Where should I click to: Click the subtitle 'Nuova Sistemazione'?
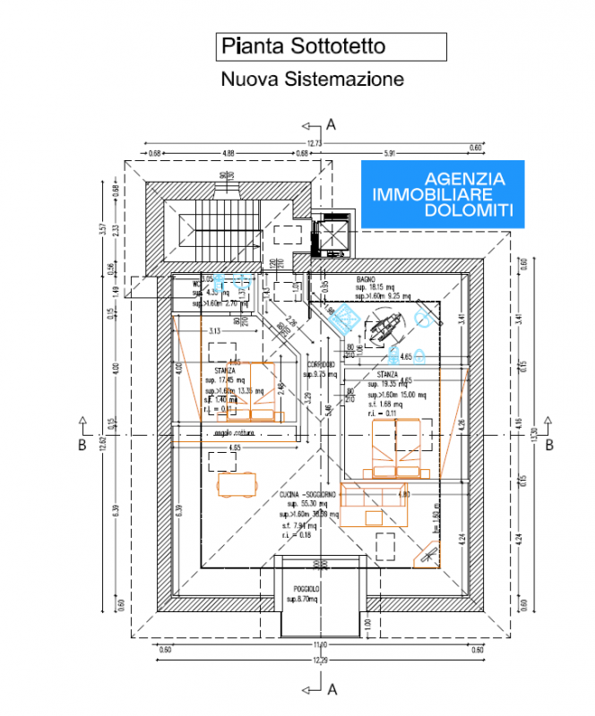(312, 79)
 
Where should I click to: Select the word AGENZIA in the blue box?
(464, 178)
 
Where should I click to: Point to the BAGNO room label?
(365, 280)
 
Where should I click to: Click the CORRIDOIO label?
(321, 364)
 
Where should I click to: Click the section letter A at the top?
(331, 124)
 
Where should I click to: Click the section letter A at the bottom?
(332, 688)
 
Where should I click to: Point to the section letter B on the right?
(551, 443)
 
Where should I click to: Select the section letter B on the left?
(82, 443)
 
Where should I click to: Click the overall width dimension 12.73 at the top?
(314, 143)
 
